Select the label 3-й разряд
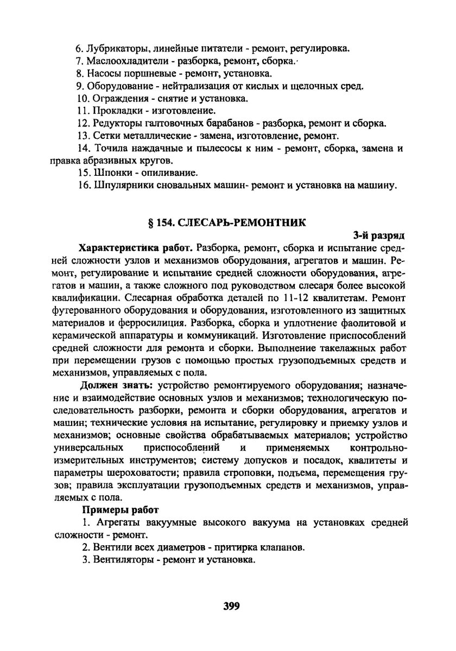point(379,235)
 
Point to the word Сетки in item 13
point(105,136)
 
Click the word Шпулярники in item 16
point(122,186)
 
